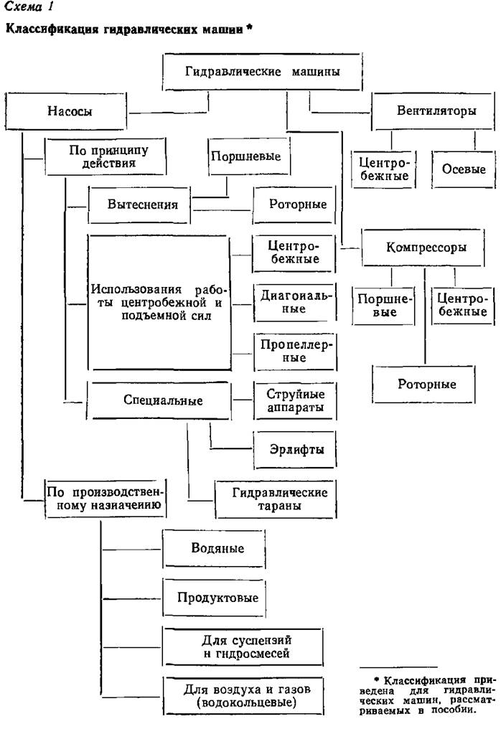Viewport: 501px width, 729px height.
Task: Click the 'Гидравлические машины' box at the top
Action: [262, 72]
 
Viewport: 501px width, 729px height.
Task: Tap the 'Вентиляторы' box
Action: [435, 112]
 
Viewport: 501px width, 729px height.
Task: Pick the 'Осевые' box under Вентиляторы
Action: [463, 170]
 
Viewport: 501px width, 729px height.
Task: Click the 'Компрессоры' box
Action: [425, 248]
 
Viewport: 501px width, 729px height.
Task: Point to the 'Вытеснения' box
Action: [142, 204]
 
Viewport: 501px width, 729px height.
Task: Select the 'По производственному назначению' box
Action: [105, 499]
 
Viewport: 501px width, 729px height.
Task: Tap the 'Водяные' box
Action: [218, 549]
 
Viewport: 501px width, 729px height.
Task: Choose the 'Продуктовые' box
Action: [218, 597]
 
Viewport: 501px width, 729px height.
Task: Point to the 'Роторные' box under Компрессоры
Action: [427, 384]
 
